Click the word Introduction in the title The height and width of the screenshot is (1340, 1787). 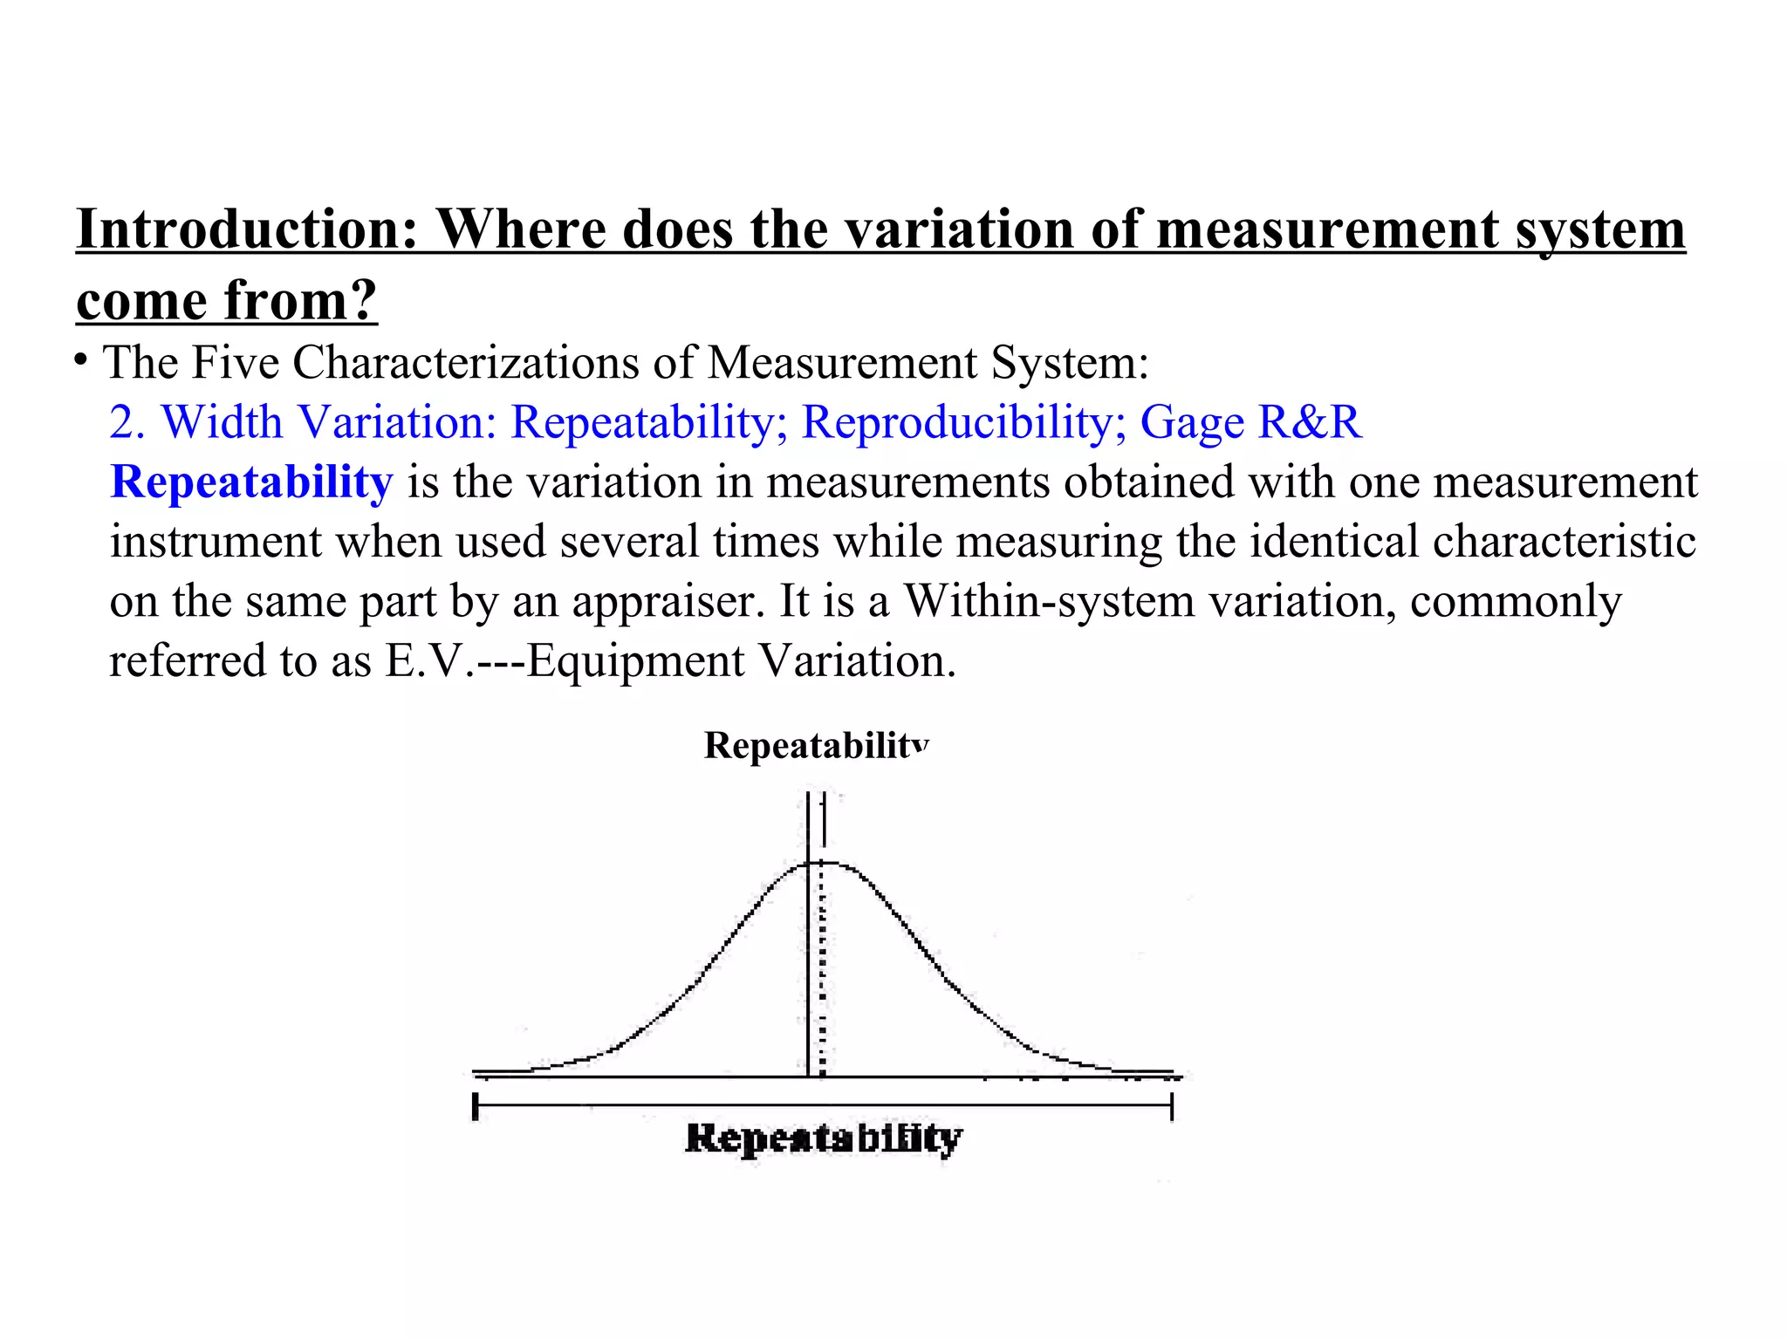[x=247, y=229]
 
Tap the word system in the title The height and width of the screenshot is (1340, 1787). [x=1599, y=229]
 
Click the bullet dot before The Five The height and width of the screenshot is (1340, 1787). [x=81, y=359]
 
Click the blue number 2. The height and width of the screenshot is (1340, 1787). [x=126, y=422]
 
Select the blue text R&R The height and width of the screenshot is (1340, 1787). [x=1309, y=422]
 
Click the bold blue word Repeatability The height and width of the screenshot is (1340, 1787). [x=251, y=482]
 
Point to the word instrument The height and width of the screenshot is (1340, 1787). [x=216, y=542]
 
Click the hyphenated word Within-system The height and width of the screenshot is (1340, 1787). [x=1049, y=601]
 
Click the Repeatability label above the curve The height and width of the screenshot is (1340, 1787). [x=816, y=746]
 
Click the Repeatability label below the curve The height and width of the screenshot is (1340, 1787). [x=824, y=1138]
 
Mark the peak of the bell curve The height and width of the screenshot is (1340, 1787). [x=821, y=863]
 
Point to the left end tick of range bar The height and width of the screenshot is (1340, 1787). [x=476, y=1106]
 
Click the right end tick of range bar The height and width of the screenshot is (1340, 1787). [x=1171, y=1106]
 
